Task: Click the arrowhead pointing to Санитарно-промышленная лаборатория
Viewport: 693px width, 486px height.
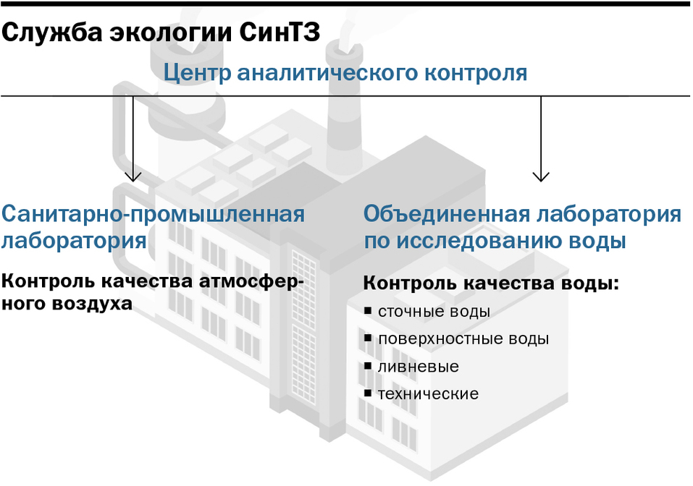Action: [133, 176]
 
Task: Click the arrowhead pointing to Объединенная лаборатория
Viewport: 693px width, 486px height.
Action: [540, 176]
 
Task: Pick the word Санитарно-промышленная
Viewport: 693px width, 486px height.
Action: [153, 215]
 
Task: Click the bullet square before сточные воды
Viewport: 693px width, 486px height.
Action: [368, 311]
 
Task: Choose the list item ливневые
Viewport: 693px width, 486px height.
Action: [418, 367]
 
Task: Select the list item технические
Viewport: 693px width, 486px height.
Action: [427, 394]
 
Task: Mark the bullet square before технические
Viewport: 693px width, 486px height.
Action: [368, 393]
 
